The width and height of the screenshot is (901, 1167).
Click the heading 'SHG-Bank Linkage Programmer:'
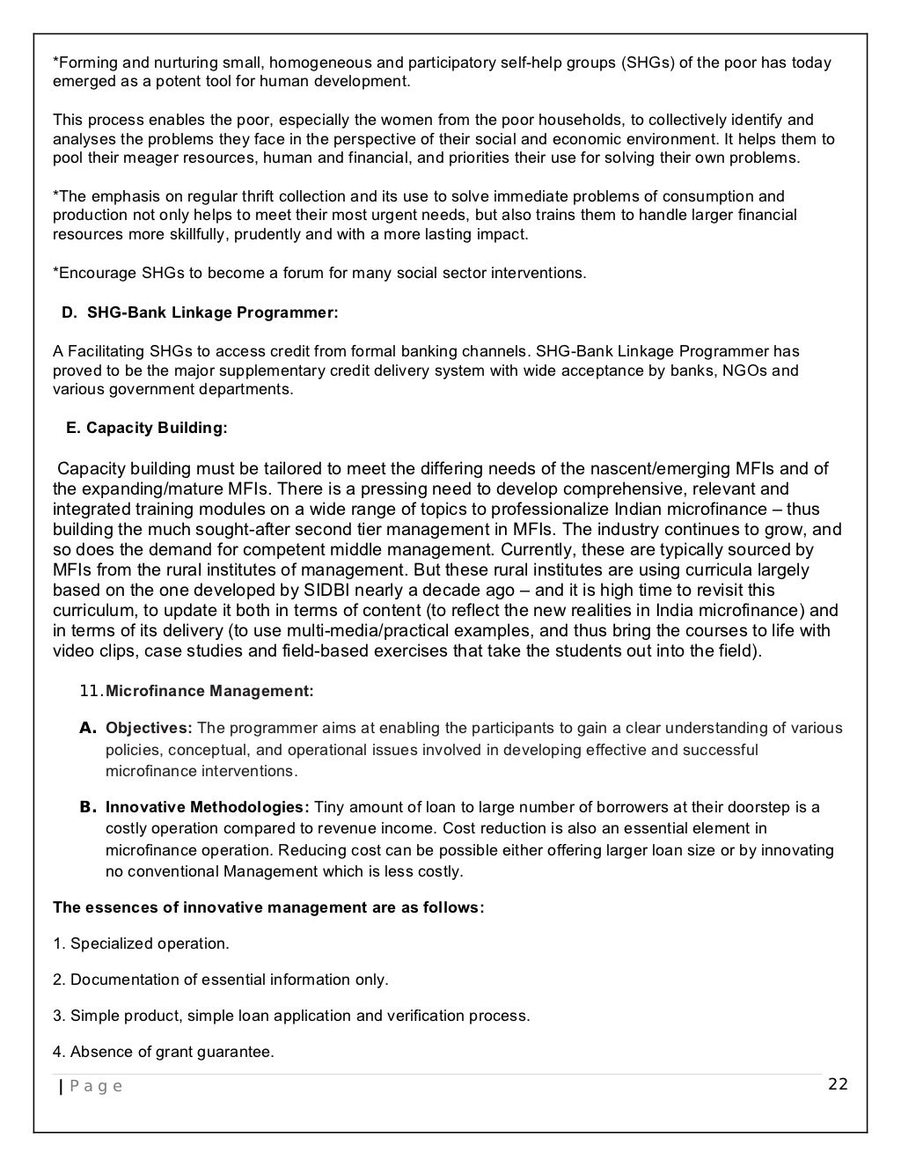(212, 312)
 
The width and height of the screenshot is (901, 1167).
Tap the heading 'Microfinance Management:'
(209, 691)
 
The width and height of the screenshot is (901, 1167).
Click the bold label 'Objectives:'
(149, 728)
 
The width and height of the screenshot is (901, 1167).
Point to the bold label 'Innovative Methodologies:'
(208, 807)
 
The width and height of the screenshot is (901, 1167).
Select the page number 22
(838, 1083)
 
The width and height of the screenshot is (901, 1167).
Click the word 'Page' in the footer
(96, 1086)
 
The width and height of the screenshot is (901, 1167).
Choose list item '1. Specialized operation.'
(141, 943)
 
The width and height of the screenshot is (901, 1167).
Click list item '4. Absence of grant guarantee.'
(164, 1052)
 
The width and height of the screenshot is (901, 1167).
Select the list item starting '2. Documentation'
(220, 980)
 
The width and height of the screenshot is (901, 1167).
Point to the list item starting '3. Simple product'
(291, 1016)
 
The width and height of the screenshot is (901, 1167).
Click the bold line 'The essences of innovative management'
(268, 907)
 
